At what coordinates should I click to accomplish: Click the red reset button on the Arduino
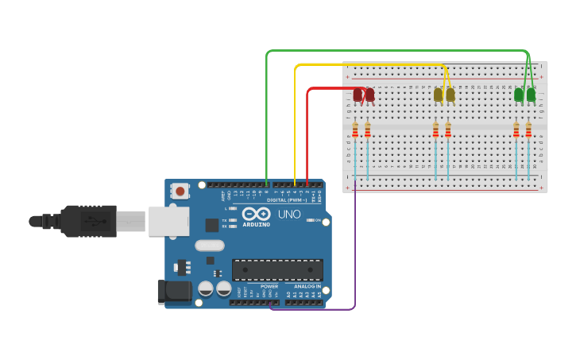180,191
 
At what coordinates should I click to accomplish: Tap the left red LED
358,95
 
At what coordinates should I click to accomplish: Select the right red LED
369,95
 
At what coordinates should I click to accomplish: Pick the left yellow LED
438,95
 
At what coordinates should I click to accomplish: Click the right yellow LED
450,95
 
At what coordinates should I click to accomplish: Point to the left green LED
519,95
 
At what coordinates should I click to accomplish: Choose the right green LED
531,95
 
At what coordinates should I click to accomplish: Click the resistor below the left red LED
355,130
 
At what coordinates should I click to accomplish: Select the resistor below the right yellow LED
448,130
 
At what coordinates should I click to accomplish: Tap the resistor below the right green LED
528,130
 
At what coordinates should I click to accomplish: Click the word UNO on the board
288,215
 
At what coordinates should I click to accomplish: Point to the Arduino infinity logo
257,214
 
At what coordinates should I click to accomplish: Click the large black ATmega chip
277,269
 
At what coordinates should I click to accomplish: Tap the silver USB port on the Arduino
168,221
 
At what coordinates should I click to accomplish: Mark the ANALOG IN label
307,286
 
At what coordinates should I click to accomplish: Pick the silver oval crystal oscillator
210,246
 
